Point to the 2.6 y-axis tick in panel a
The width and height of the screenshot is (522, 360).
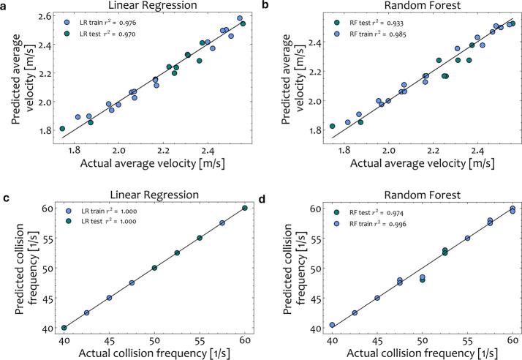tap(45, 15)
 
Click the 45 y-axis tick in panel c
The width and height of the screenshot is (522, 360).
tap(46, 298)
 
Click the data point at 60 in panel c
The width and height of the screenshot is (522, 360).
tap(245, 208)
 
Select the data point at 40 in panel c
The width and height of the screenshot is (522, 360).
tap(64, 328)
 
